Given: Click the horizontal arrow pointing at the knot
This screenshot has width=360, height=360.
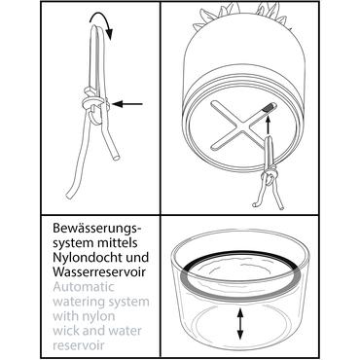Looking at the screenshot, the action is point(127,104).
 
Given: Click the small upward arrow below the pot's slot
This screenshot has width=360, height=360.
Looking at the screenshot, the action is point(268,126).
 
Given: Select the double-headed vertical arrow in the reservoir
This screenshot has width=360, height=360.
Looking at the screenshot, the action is point(240,324).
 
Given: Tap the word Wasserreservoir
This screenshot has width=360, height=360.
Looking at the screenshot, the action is point(99,271).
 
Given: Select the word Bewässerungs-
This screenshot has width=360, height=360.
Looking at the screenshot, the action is point(97,229).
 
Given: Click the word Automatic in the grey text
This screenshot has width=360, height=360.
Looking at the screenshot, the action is point(84,286).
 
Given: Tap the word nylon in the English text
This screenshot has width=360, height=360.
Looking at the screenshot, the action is point(100,316).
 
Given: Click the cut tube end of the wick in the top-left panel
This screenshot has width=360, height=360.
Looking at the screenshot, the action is point(116,158).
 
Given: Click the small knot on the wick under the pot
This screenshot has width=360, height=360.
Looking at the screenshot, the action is point(270,176).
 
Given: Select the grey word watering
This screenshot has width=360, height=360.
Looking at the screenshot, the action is point(78,302).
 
